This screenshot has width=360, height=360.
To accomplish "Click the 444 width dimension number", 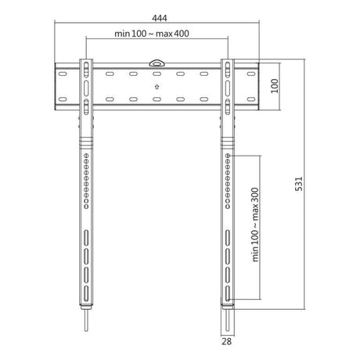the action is (160, 18).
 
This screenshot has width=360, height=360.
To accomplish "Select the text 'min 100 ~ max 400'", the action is (152, 34).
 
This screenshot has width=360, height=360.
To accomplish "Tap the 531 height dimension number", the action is (299, 184).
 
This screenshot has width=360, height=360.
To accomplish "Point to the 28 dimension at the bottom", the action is (226, 341).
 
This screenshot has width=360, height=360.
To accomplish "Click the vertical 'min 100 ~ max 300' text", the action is (255, 225).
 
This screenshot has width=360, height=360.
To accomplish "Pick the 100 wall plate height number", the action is (275, 86).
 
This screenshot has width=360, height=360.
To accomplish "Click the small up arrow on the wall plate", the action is (157, 87).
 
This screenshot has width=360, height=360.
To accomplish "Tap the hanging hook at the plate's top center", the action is (157, 63).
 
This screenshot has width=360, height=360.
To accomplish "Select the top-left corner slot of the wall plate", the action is (63, 74).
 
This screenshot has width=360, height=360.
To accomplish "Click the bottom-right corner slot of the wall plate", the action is (251, 99).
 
